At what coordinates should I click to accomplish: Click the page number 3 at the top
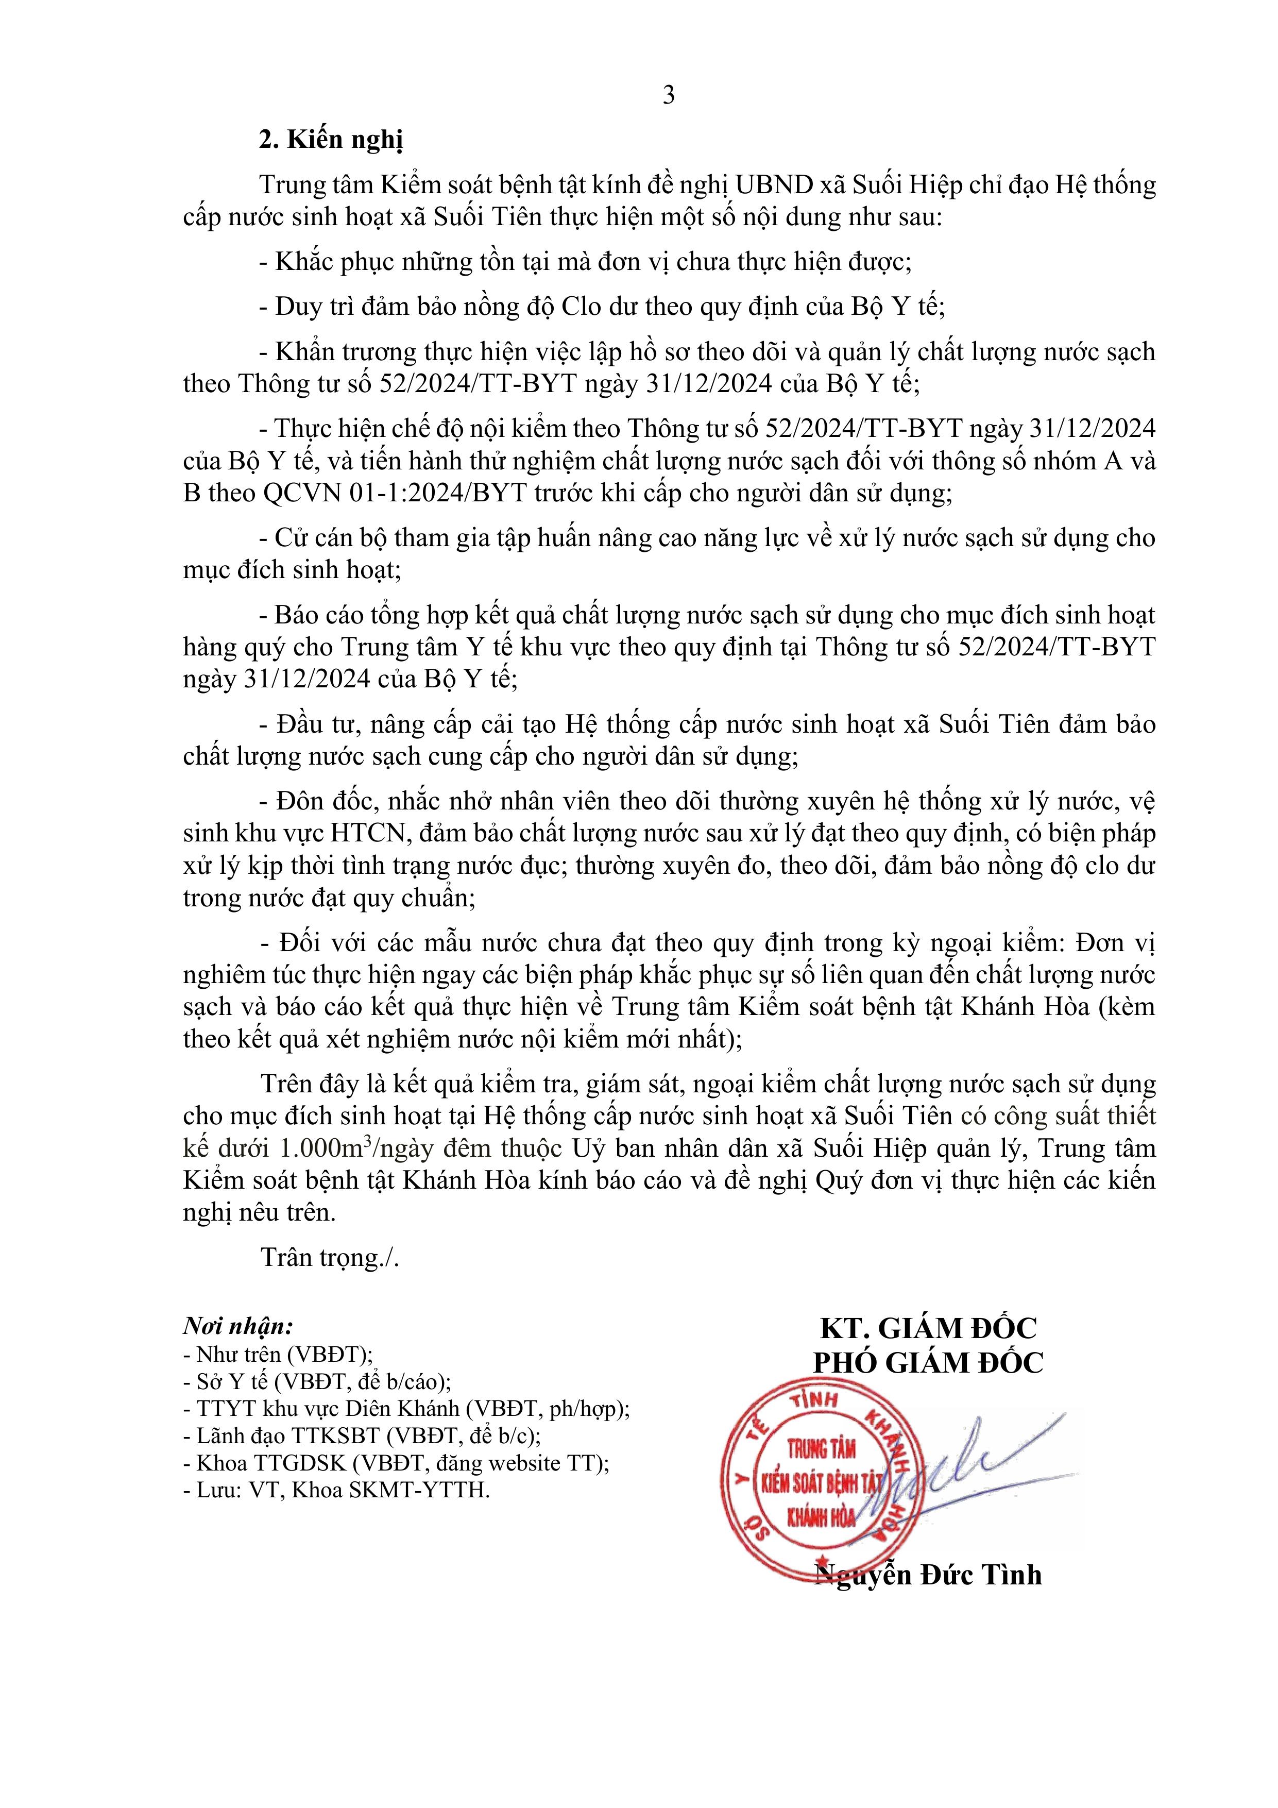tap(669, 95)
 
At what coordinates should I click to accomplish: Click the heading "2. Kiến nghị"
tap(331, 140)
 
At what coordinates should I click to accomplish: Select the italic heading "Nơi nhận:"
tap(238, 1326)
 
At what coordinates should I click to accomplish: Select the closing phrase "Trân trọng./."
tap(330, 1258)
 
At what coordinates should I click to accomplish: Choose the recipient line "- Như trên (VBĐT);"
tap(277, 1355)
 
